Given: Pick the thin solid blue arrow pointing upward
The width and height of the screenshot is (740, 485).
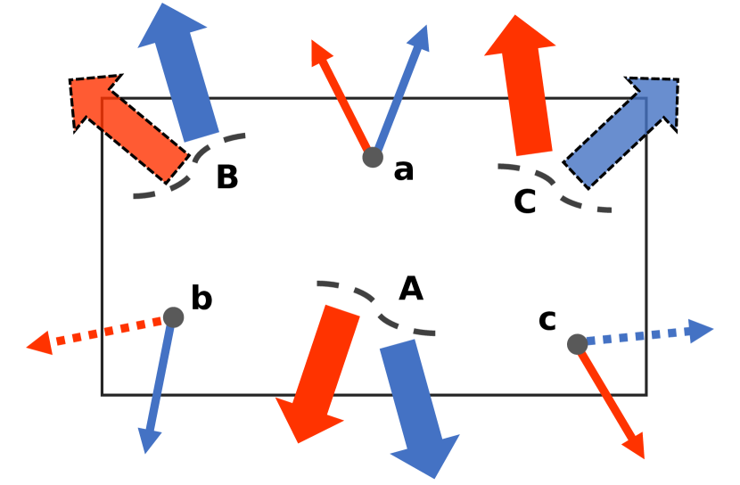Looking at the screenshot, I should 400,89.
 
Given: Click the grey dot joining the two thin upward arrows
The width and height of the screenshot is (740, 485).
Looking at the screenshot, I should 373,158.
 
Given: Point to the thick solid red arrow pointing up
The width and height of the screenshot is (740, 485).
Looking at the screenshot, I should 526,89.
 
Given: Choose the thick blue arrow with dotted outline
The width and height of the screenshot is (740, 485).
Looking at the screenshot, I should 624,129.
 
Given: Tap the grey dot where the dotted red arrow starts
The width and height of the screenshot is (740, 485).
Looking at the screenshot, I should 174,317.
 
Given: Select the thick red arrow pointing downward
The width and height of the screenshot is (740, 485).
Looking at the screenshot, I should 319,370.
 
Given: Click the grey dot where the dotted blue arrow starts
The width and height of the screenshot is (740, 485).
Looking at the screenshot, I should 577,344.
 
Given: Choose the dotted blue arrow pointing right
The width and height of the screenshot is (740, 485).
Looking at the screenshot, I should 642,335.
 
